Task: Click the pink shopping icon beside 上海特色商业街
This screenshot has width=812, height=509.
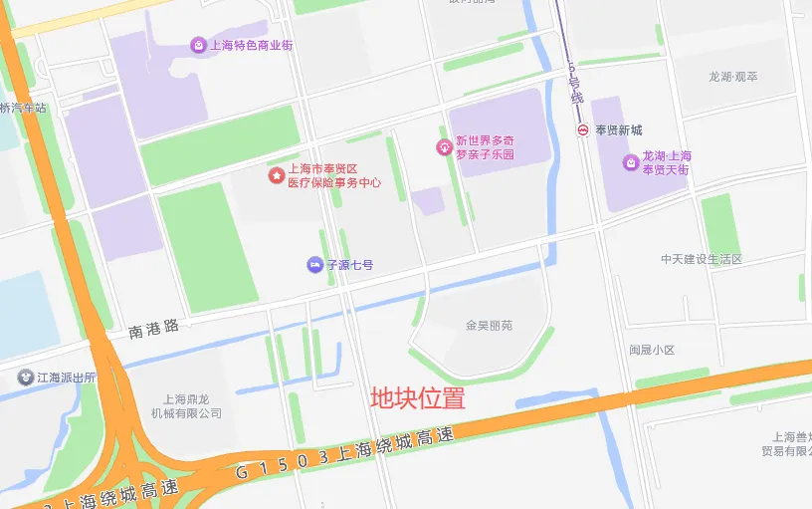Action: click(x=198, y=45)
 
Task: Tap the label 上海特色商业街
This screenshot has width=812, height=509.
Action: click(x=251, y=45)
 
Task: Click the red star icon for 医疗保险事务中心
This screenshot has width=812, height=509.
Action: click(x=276, y=175)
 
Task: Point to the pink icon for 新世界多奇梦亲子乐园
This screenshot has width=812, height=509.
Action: click(x=444, y=147)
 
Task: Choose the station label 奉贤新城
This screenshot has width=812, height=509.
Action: click(x=619, y=130)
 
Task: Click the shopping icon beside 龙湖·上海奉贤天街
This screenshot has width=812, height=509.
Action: click(x=630, y=162)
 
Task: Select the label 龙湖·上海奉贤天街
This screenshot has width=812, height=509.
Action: click(x=667, y=163)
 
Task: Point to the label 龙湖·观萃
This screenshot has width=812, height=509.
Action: click(x=732, y=77)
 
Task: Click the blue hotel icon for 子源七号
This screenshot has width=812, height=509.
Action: click(x=313, y=265)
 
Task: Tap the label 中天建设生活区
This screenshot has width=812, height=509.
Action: click(x=702, y=259)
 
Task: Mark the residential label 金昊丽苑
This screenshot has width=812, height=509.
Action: click(x=489, y=325)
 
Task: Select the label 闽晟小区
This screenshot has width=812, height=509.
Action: click(x=652, y=351)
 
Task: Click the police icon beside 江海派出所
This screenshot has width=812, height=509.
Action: click(x=25, y=378)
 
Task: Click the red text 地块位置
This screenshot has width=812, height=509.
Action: click(x=418, y=398)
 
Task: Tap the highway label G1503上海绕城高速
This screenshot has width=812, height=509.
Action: click(x=344, y=454)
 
